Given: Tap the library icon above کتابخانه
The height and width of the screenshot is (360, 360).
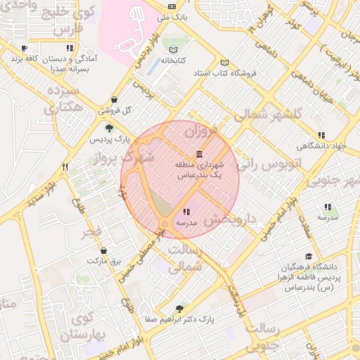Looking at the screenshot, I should [x=174, y=50].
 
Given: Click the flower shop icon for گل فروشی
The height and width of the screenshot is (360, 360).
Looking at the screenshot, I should [x=115, y=100].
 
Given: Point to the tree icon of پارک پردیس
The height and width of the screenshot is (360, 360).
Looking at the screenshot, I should [x=109, y=128].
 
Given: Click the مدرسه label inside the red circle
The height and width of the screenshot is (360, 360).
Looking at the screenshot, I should [x=186, y=222].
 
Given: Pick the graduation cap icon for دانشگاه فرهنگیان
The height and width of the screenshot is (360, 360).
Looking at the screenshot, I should [x=309, y=257].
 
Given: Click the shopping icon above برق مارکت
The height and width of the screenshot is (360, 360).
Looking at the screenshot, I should [x=104, y=250].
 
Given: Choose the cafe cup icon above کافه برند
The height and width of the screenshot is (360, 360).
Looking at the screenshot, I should [x=25, y=49].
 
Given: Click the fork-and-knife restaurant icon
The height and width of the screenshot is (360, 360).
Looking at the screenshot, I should [x=65, y=167].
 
